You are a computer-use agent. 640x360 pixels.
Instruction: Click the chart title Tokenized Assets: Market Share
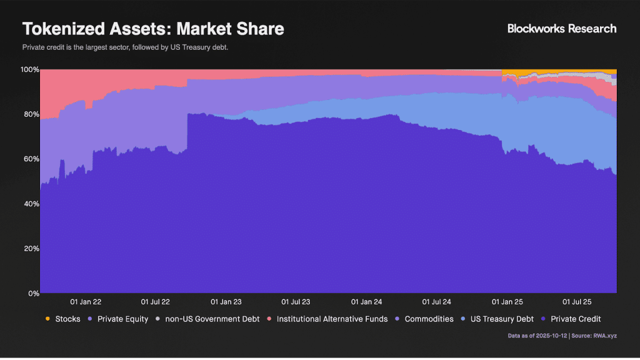(153, 29)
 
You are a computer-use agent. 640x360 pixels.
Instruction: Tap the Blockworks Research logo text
(561, 28)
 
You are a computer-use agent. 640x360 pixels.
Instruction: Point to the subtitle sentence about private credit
(125, 47)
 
